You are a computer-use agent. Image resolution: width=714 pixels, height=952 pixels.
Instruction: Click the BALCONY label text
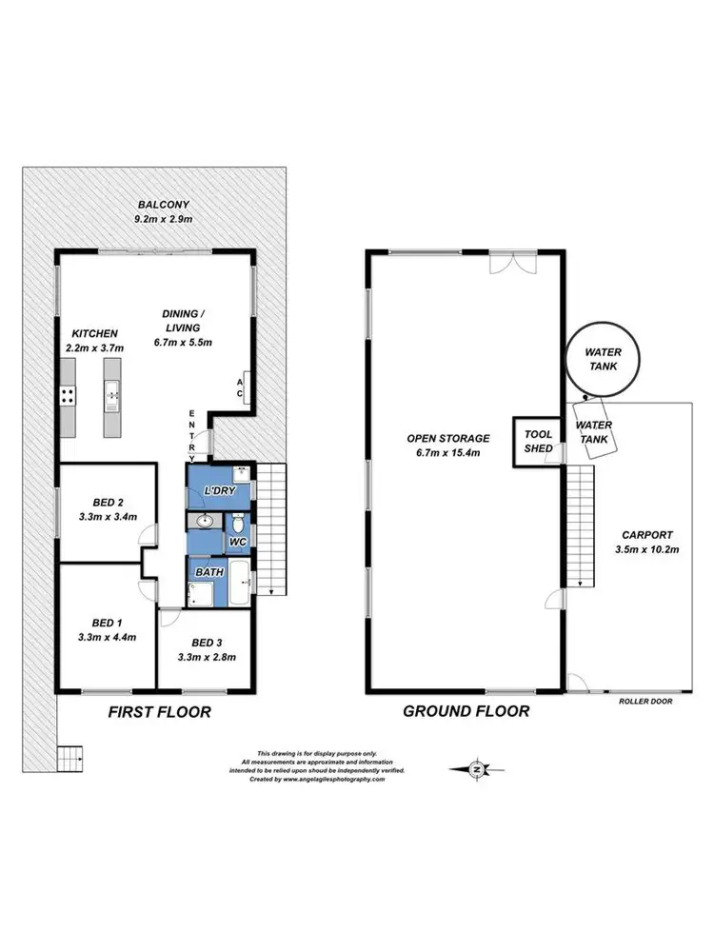click(165, 204)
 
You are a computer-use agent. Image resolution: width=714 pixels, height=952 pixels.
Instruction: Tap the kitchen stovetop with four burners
click(69, 397)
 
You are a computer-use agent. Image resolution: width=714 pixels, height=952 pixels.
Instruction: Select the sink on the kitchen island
click(111, 390)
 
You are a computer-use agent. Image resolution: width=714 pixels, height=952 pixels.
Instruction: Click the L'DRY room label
click(219, 491)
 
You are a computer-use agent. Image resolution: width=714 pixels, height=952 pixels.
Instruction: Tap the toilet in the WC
click(238, 523)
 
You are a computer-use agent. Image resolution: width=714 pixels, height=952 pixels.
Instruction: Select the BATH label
click(209, 572)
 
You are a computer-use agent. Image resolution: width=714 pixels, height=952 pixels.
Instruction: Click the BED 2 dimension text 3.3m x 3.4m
click(107, 517)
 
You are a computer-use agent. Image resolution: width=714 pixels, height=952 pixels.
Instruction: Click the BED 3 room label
click(207, 642)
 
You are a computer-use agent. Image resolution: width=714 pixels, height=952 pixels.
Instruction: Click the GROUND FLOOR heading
click(466, 711)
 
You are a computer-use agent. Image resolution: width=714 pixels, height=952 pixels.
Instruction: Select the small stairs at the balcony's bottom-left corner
click(70, 759)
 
